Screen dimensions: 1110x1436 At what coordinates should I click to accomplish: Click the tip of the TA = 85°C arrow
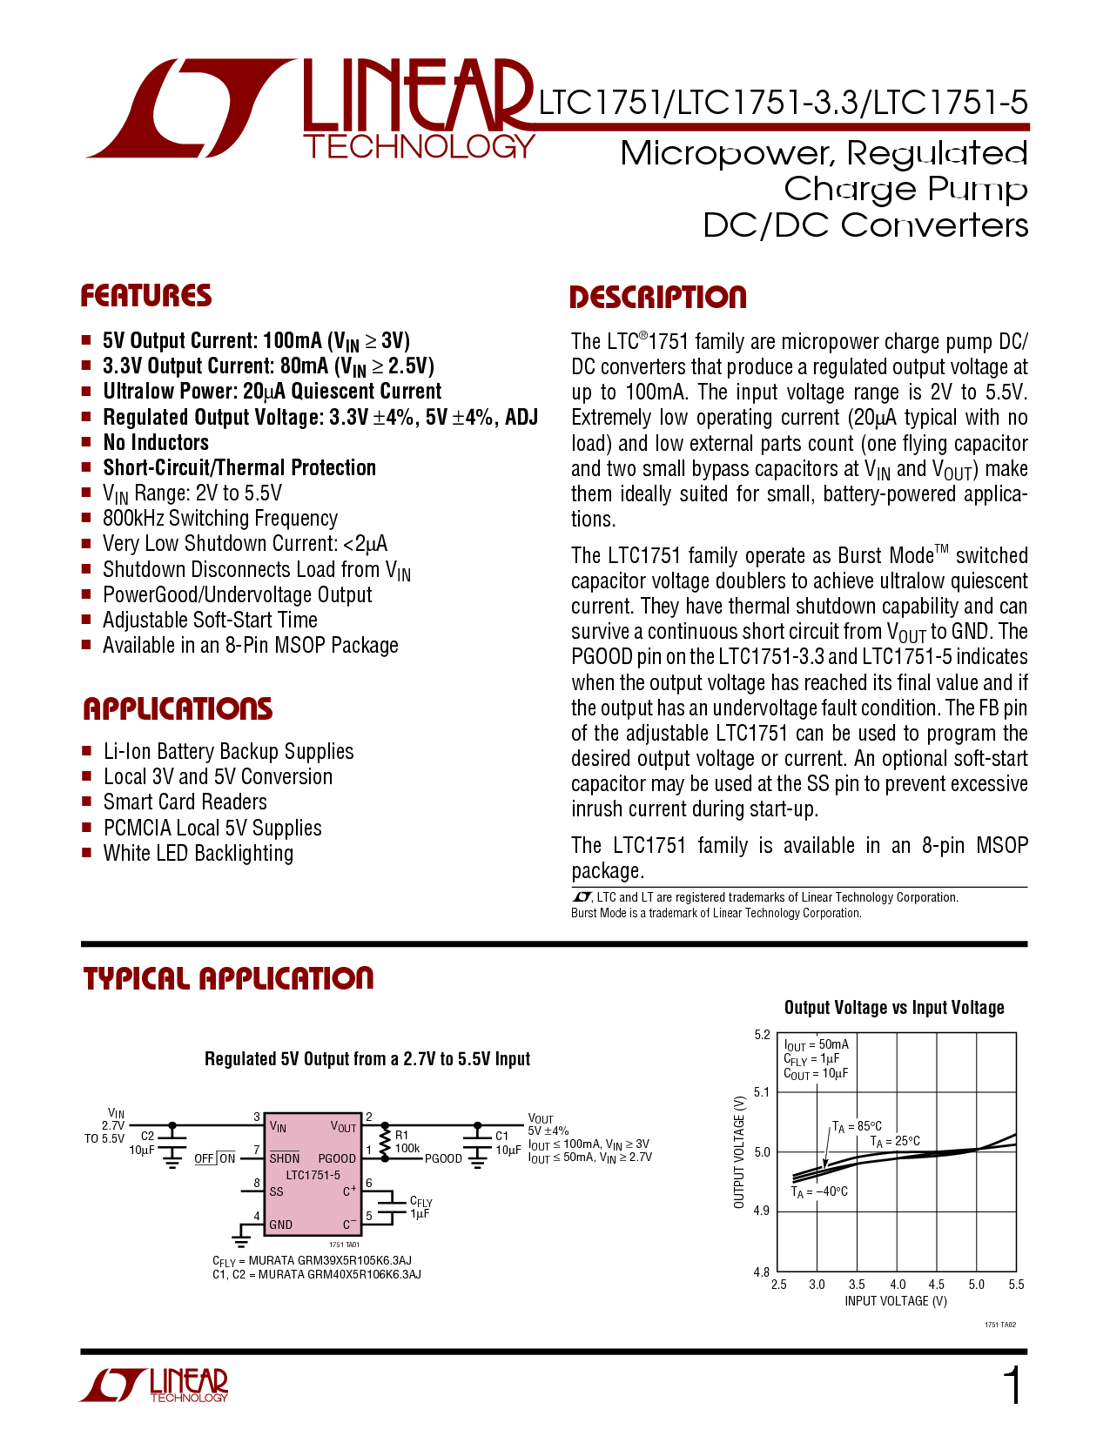(x=825, y=1168)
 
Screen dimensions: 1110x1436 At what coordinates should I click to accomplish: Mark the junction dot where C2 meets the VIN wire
(x=172, y=1124)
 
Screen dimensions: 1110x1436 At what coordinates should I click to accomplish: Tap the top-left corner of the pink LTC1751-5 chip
(x=265, y=1113)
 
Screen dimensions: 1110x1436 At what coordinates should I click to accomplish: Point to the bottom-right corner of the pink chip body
(x=361, y=1234)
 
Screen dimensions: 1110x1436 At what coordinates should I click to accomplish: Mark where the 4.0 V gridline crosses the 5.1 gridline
(x=897, y=1092)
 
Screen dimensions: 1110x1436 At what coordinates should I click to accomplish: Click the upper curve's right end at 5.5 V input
(x=1016, y=1134)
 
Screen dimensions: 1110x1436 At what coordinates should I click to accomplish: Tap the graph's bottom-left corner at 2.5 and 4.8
(x=777, y=1271)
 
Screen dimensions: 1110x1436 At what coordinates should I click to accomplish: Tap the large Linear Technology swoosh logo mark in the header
(x=192, y=109)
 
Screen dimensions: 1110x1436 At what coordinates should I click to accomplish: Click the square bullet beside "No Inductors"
(x=86, y=441)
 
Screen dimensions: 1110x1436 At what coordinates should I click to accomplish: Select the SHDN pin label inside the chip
(x=285, y=1158)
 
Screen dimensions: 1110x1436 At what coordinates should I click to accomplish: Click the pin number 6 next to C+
(x=369, y=1183)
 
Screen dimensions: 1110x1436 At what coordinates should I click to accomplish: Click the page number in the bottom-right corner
(x=1012, y=1386)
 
